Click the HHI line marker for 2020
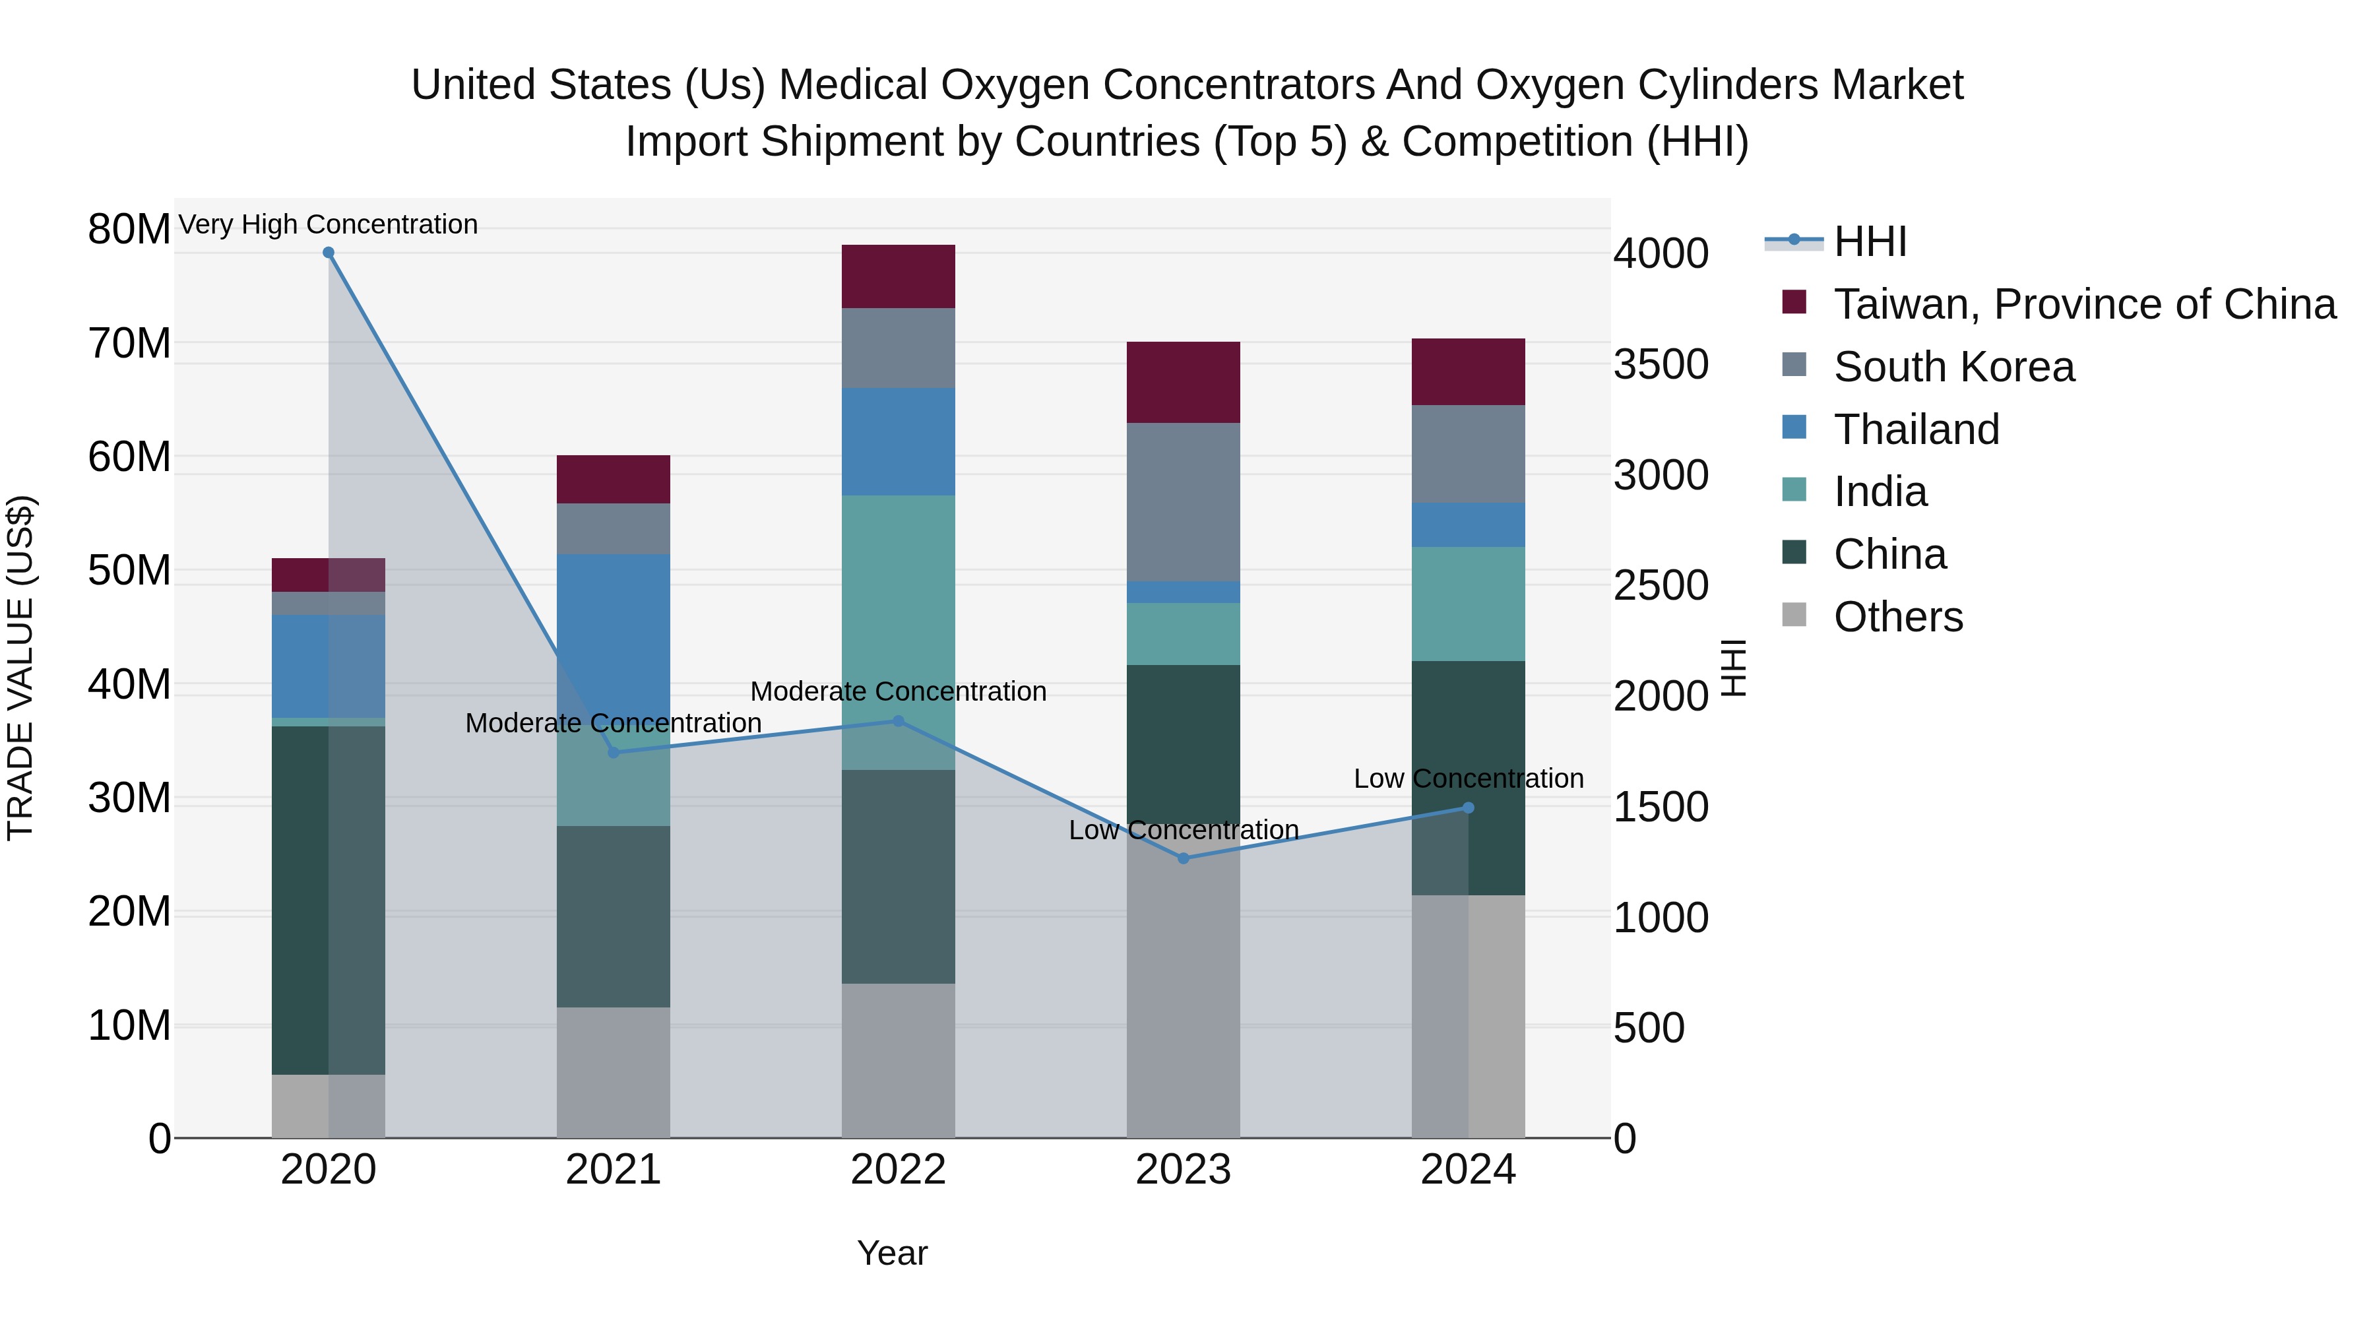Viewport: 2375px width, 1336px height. click(329, 253)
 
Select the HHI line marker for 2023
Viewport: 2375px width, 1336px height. click(1184, 858)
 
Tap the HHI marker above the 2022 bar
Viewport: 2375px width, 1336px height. click(899, 721)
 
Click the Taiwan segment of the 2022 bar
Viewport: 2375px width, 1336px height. click(899, 276)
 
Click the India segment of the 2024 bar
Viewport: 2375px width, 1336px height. click(1469, 604)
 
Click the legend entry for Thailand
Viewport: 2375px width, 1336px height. click(1916, 429)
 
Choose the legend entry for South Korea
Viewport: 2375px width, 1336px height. click(1953, 367)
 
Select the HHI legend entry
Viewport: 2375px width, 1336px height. click(1869, 241)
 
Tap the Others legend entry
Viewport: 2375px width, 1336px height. click(1897, 617)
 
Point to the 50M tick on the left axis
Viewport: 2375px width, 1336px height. click(129, 571)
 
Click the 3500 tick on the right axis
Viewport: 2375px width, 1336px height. click(1661, 364)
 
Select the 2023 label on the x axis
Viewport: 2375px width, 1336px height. click(1184, 1170)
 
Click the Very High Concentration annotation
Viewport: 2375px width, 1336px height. click(329, 224)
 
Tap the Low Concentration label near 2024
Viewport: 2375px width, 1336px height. click(1469, 779)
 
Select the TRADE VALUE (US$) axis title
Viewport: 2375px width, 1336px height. click(20, 668)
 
